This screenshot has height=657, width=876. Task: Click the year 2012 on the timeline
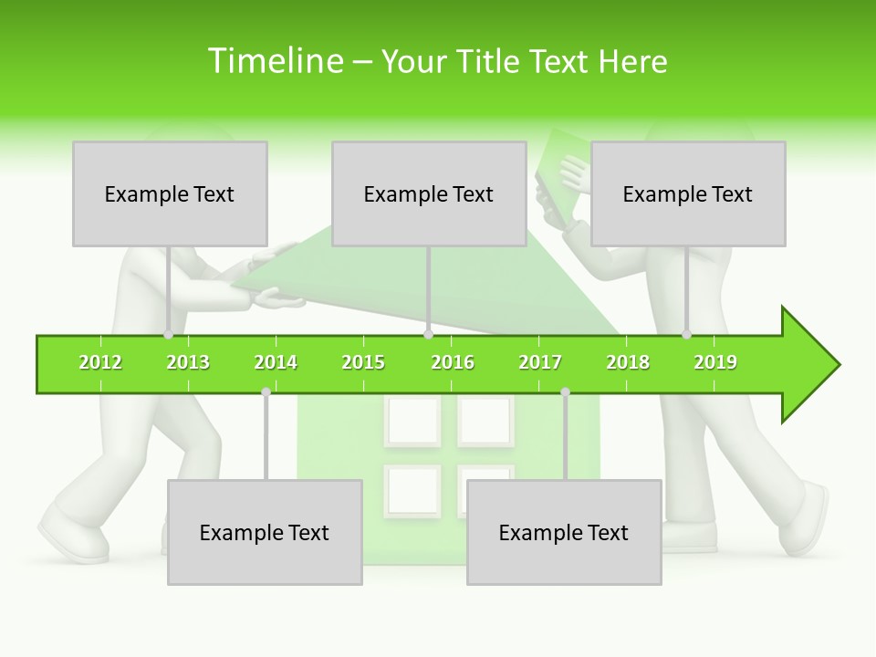pos(100,363)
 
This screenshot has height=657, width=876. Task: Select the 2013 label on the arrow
pos(188,363)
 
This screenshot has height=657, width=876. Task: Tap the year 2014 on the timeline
pos(276,363)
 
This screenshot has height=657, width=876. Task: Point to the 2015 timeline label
pos(363,363)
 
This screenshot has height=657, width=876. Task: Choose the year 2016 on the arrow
pos(453,363)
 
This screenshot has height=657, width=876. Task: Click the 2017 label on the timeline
pos(540,363)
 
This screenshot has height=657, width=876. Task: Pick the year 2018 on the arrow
pos(628,363)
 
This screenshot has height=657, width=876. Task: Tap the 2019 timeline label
pos(715,363)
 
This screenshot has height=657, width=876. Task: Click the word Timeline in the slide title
pos(273,61)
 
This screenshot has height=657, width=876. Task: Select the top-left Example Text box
pos(170,193)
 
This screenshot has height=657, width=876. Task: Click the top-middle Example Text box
pos(429,193)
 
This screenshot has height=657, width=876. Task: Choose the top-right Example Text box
pos(688,193)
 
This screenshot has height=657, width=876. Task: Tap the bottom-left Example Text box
pos(265,532)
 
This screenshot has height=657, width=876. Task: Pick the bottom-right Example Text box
pos(564,532)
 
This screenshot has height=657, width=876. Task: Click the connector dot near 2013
pos(169,335)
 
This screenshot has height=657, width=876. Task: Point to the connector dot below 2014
pos(266,391)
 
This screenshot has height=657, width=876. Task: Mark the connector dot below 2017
pos(565,391)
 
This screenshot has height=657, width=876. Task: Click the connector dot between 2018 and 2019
pos(687,335)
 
